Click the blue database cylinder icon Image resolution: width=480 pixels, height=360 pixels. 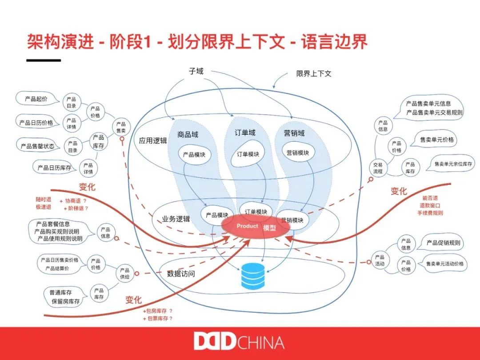pyautogui.click(x=252, y=276)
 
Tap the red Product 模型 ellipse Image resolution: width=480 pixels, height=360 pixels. pyautogui.click(x=256, y=227)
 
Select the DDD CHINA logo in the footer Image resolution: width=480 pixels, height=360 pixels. pyautogui.click(x=239, y=343)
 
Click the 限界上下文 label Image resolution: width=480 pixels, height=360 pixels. pyautogui.click(x=314, y=73)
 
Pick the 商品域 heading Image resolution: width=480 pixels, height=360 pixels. pyautogui.click(x=188, y=134)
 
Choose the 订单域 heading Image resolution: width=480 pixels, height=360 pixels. pyautogui.click(x=245, y=132)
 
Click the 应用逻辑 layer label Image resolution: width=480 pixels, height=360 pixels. pyautogui.click(x=153, y=140)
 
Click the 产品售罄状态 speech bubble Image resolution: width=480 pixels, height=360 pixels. pyautogui.click(x=37, y=146)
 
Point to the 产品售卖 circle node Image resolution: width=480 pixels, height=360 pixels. pyautogui.click(x=121, y=128)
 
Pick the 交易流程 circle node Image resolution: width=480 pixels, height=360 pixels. pyautogui.click(x=378, y=168)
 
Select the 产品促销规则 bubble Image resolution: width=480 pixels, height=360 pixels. pyautogui.click(x=443, y=243)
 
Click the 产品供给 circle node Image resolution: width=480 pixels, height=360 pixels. pyautogui.click(x=124, y=273)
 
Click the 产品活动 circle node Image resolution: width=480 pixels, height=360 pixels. pyautogui.click(x=380, y=260)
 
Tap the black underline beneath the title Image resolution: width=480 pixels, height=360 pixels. pyautogui.click(x=44, y=60)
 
